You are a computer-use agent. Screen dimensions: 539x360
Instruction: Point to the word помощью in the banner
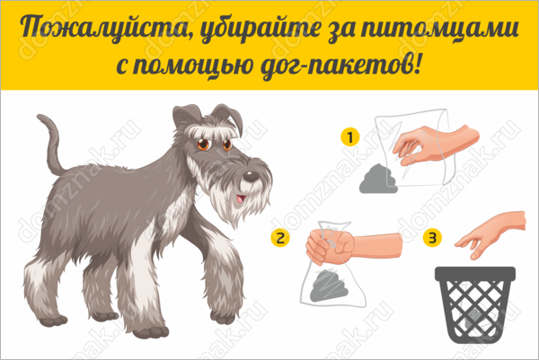click(192, 66)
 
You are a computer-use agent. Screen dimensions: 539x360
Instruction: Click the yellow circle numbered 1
click(350, 137)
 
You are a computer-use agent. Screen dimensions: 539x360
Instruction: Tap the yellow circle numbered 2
click(280, 238)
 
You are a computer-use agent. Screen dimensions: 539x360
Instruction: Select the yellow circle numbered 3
click(432, 238)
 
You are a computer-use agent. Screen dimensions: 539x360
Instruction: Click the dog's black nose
click(252, 177)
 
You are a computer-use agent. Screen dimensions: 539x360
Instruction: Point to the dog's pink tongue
click(240, 199)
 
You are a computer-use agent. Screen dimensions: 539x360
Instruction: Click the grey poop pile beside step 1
click(378, 179)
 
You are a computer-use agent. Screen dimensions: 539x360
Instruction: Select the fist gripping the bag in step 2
click(330, 246)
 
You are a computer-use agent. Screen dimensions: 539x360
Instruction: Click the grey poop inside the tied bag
click(329, 285)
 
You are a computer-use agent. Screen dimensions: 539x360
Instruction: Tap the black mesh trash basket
click(475, 304)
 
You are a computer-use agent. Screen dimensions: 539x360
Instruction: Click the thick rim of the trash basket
click(475, 274)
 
